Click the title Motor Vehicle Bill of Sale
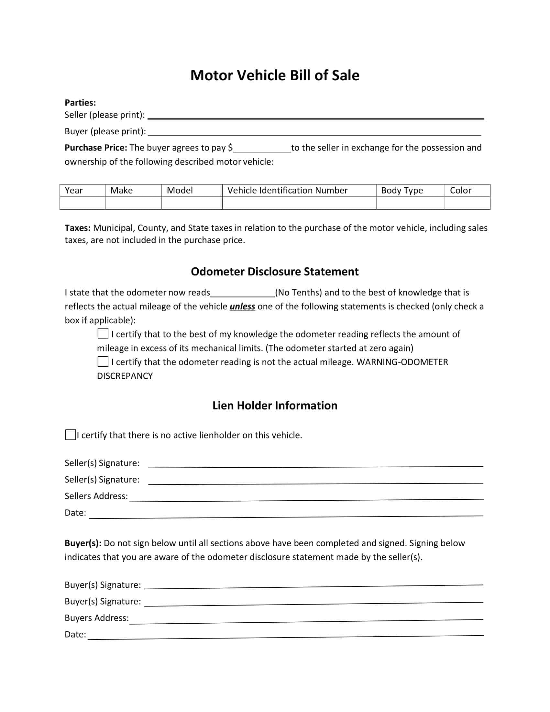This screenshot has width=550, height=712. tap(275, 75)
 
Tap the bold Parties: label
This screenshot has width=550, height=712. tap(80, 103)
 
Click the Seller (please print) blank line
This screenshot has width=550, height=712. tap(315, 117)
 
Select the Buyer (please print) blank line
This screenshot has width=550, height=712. tap(314, 133)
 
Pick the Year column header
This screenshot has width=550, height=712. tap(74, 190)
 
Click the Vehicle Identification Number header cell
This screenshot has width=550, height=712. tap(287, 190)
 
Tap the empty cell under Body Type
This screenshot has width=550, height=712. tap(410, 203)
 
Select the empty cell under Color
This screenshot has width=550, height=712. tap(467, 203)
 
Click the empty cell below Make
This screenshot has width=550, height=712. tap(133, 203)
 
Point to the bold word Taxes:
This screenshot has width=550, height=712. tap(78, 228)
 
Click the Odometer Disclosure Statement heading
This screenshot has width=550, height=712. tap(275, 272)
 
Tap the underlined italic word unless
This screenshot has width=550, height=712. tap(242, 306)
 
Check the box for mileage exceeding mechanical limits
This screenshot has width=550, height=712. tap(103, 334)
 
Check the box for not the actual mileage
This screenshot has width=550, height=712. tap(103, 362)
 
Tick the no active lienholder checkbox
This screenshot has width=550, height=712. tap(71, 435)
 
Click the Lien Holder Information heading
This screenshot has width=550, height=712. tap(275, 406)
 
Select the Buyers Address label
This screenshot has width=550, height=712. tap(96, 618)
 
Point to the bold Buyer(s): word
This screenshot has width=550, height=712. tap(83, 543)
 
